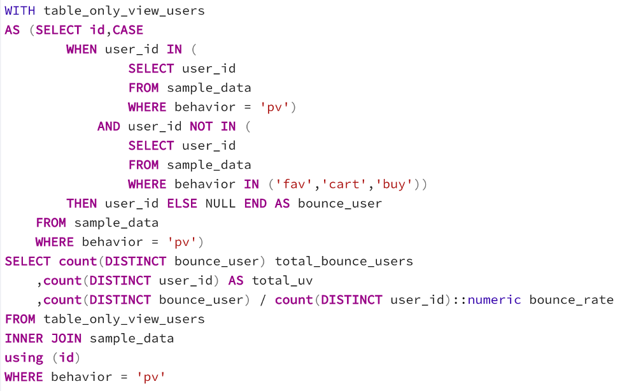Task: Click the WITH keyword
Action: coord(20,11)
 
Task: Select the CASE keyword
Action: coord(128,30)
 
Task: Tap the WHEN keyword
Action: coord(81,49)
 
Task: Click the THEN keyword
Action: coord(81,204)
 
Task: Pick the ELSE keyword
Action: coord(182,204)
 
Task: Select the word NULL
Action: coord(220,204)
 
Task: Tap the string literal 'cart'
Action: coord(344,184)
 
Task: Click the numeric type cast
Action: coord(494,300)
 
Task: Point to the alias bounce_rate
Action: coord(571,300)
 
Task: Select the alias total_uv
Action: coord(282,281)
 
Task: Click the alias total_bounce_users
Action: coord(344,262)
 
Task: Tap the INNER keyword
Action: coord(24,339)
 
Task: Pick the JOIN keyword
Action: coord(66,339)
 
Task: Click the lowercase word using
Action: coord(24,358)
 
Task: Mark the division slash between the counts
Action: coord(262,300)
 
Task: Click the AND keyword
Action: coord(109,126)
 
